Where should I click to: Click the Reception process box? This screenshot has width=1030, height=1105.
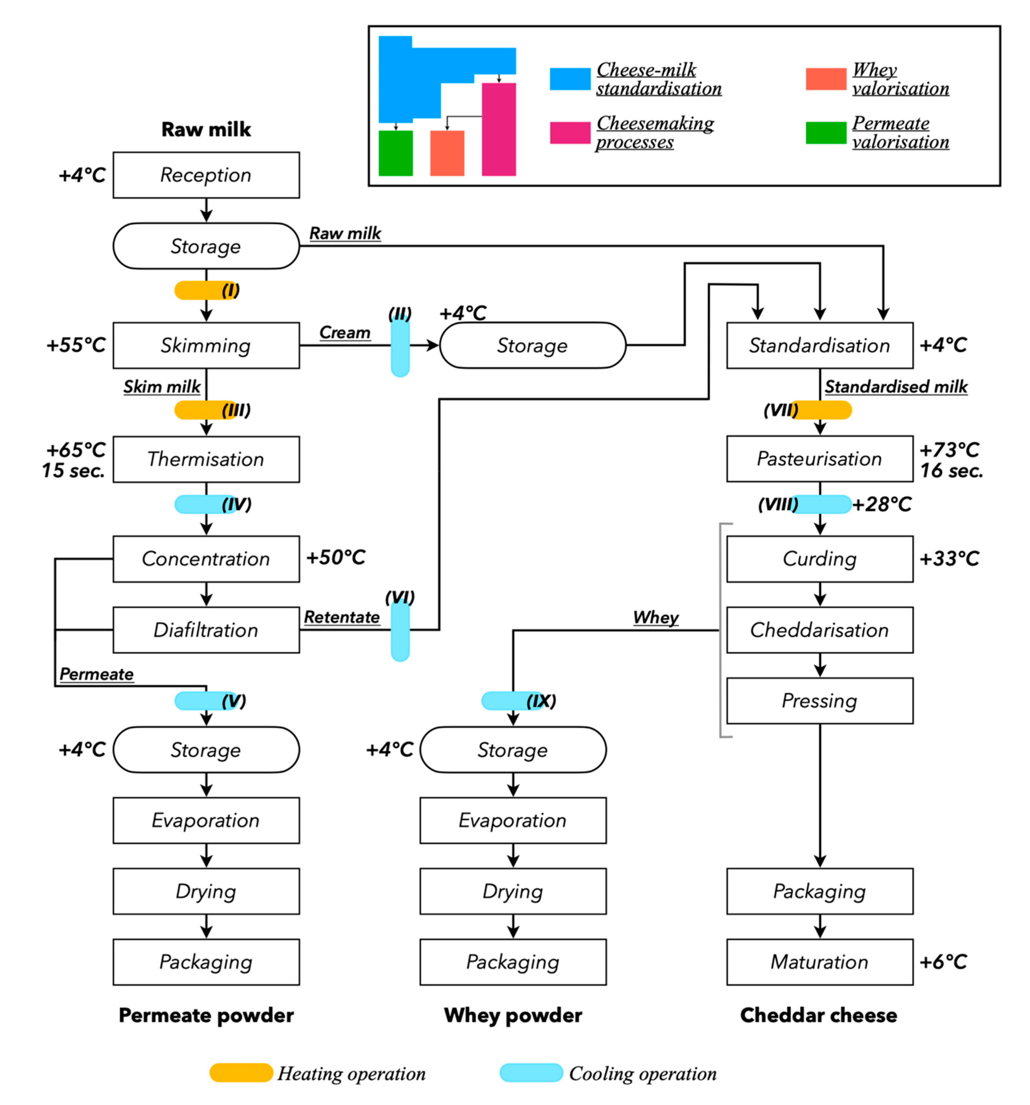click(206, 175)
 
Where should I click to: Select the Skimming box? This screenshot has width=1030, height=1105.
click(206, 345)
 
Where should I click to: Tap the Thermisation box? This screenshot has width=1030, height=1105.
click(206, 459)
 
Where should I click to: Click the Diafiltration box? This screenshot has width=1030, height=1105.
click(206, 630)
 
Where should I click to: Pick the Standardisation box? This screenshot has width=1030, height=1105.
click(819, 345)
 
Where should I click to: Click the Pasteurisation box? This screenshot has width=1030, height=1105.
click(819, 459)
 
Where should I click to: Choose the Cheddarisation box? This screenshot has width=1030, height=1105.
click(819, 630)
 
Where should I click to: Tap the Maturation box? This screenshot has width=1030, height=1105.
click(819, 962)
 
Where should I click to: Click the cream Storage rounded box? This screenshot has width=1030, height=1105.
click(532, 345)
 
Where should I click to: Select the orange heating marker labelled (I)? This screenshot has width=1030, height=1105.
click(197, 290)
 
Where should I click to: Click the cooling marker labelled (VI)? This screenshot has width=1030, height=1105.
click(400, 632)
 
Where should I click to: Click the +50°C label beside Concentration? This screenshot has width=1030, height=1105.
click(336, 557)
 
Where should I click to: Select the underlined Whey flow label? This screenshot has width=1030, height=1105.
click(655, 617)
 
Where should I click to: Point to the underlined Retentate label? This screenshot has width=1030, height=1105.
click(341, 617)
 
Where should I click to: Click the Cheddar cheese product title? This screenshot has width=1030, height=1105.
click(818, 1015)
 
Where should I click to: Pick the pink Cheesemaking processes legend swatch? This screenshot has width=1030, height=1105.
click(570, 133)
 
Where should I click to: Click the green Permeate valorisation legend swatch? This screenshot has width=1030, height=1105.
click(825, 133)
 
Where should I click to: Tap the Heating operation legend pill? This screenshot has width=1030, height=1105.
click(241, 1073)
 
